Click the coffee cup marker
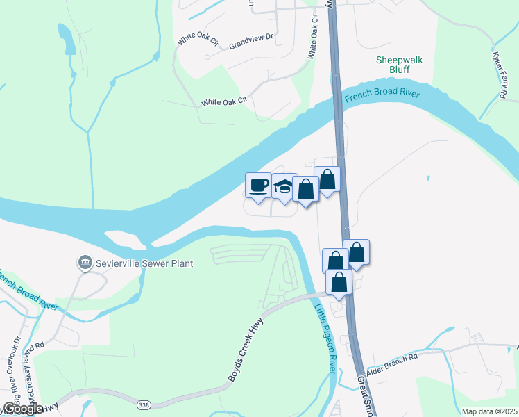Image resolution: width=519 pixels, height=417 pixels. click(258, 186)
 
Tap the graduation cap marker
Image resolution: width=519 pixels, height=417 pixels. click(284, 187)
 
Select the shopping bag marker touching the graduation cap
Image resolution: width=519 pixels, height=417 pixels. click(305, 189)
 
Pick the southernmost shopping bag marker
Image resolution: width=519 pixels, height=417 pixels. click(339, 282)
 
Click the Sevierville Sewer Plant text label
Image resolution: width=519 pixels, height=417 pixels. click(144, 263)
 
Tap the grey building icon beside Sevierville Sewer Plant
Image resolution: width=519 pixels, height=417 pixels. click(85, 263)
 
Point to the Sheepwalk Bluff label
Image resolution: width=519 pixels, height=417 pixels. click(399, 65)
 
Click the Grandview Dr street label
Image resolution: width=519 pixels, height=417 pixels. click(252, 43)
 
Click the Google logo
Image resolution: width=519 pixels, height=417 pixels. click(22, 408)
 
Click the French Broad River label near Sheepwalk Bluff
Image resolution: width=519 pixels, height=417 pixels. click(383, 95)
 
